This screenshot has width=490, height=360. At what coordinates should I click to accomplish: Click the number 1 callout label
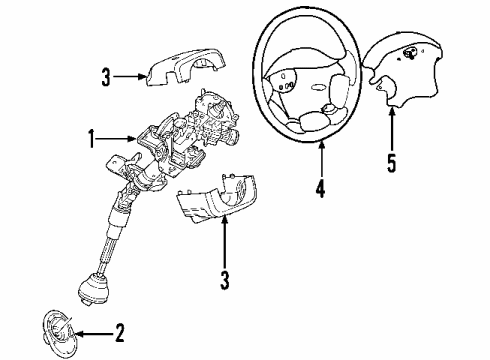[x=91, y=140]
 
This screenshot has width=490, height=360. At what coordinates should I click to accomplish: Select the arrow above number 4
[x=322, y=160]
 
